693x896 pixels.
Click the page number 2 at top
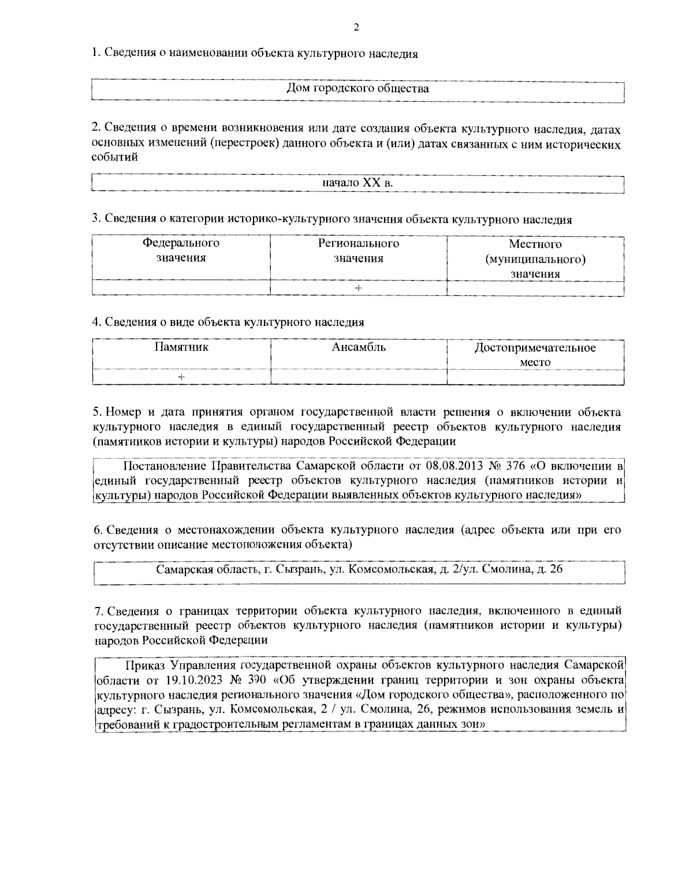tap(356, 27)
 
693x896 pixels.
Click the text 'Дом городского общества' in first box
tap(357, 89)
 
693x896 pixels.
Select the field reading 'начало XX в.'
tap(357, 183)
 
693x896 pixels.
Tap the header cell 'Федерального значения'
tap(181, 250)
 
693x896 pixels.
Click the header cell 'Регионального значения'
tap(359, 250)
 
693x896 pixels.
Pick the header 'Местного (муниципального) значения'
tap(535, 258)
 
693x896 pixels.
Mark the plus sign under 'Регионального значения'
tap(359, 288)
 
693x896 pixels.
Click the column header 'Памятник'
tap(181, 347)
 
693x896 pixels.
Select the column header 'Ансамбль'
tap(359, 347)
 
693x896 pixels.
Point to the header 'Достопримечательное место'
tap(535, 355)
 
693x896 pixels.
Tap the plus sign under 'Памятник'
tap(181, 377)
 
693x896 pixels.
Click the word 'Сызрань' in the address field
tap(300, 569)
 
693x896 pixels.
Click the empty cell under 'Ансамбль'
tap(359, 377)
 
